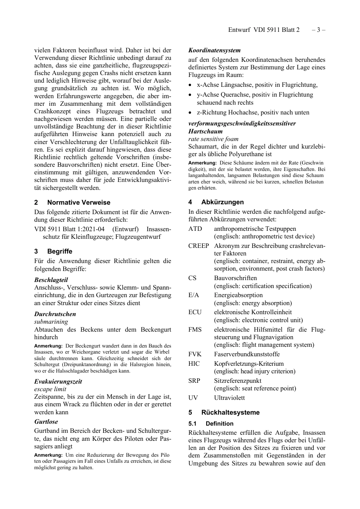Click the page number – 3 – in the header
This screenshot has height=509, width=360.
click(318, 30)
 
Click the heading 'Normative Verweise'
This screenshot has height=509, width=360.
click(78, 202)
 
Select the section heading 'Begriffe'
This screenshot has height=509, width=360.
click(59, 251)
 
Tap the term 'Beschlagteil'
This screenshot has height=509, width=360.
click(51, 280)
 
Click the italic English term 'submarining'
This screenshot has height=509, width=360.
click(51, 322)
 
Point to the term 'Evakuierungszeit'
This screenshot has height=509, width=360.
click(58, 381)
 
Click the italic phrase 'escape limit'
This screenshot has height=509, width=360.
click(50, 389)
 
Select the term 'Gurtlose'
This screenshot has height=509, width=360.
click(46, 421)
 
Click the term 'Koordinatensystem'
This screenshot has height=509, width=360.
click(214, 50)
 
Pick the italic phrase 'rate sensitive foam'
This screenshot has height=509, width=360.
click(213, 139)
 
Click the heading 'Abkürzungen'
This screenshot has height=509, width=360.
click(222, 202)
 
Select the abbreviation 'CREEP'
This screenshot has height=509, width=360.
click(199, 246)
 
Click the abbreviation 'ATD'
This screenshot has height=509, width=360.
click(195, 229)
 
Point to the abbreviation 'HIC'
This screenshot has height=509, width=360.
click(194, 363)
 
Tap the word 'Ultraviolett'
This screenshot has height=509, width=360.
click(229, 398)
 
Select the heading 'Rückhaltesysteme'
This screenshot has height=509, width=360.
click(230, 412)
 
